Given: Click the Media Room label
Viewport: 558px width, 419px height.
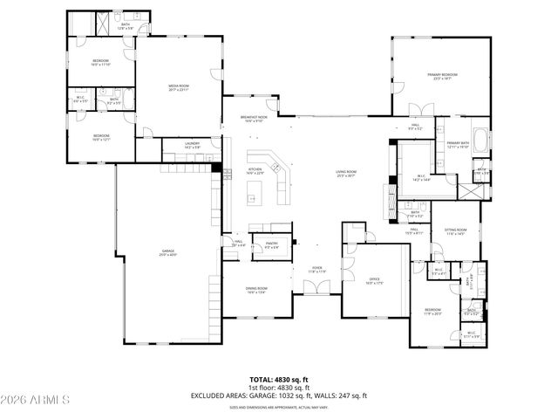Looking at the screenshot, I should (x=179, y=86).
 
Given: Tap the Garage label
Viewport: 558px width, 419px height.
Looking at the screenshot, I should (x=167, y=252).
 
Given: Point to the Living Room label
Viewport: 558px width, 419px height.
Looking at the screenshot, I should (x=347, y=173).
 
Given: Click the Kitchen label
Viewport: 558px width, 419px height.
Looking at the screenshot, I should (x=255, y=171).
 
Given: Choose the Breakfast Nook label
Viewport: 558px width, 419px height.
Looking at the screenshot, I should (x=254, y=119).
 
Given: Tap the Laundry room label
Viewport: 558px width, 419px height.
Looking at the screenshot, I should (x=193, y=146).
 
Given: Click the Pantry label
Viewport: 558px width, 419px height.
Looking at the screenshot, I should (x=271, y=246).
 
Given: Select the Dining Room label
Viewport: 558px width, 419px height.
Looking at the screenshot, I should (x=256, y=290).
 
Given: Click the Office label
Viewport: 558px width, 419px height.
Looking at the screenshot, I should (x=374, y=280).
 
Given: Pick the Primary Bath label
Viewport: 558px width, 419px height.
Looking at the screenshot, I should (x=458, y=145).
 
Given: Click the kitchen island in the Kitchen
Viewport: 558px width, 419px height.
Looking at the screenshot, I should (x=255, y=200).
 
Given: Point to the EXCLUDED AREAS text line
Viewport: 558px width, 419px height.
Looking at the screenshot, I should (x=279, y=395).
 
